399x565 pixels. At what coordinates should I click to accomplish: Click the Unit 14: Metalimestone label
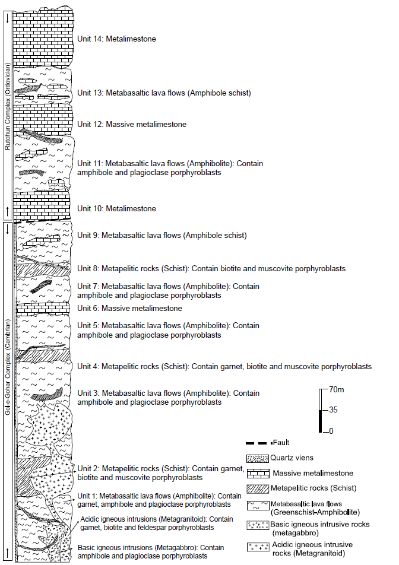pyautogui.click(x=116, y=39)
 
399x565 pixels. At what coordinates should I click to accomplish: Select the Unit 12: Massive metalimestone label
pyautogui.click(x=132, y=125)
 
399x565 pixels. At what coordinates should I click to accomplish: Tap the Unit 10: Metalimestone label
pyautogui.click(x=116, y=209)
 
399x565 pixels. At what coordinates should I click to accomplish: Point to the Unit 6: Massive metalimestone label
pyautogui.click(x=129, y=309)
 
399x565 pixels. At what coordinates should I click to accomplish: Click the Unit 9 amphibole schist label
pyautogui.click(x=161, y=236)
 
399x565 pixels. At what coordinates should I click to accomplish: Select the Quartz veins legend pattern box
pyautogui.click(x=257, y=458)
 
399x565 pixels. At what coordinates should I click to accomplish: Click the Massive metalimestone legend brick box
pyautogui.click(x=257, y=473)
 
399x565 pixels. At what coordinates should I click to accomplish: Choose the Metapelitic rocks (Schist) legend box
pyautogui.click(x=257, y=488)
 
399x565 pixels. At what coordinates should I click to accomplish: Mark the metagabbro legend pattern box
pyautogui.click(x=257, y=525)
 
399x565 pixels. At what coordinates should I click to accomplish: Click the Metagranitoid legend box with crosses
pyautogui.click(x=257, y=545)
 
